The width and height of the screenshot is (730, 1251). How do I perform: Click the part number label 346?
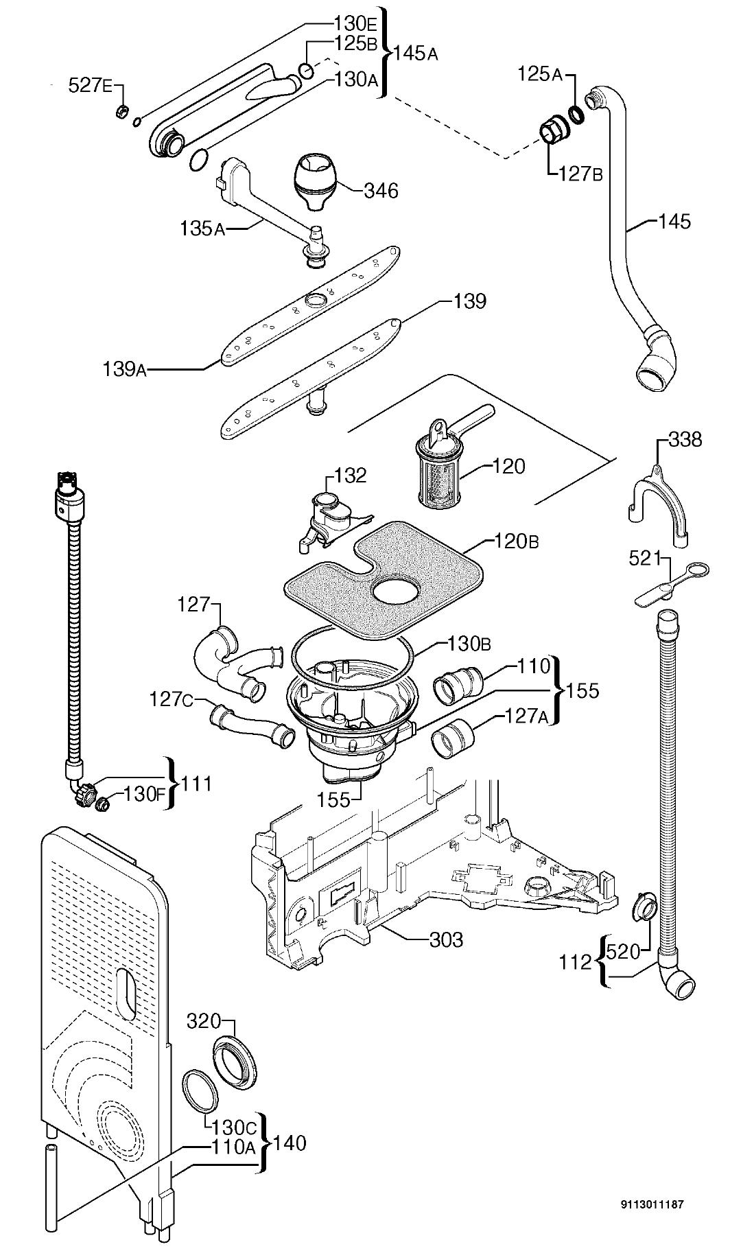pyautogui.click(x=381, y=190)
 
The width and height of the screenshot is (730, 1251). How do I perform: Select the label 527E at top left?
pyautogui.click(x=91, y=86)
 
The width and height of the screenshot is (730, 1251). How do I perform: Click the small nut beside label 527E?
pyautogui.click(x=122, y=110)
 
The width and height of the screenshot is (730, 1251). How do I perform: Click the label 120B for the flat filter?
pyautogui.click(x=516, y=541)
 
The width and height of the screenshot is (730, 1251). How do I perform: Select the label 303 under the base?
pyautogui.click(x=446, y=939)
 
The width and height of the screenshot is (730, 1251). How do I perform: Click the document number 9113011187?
pyautogui.click(x=652, y=1204)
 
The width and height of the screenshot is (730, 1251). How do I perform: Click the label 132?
pyautogui.click(x=350, y=475)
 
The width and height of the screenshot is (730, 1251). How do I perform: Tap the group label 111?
pyautogui.click(x=196, y=783)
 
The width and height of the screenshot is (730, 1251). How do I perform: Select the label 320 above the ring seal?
pyautogui.click(x=204, y=1021)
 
